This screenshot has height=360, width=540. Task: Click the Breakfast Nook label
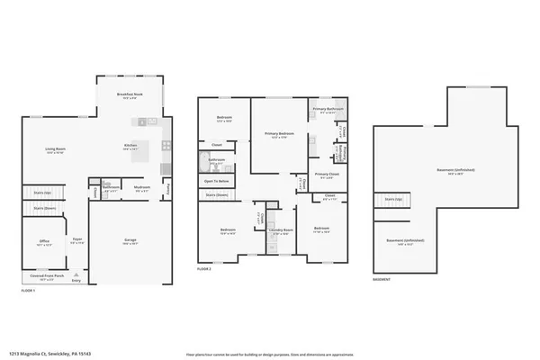coord(130,95)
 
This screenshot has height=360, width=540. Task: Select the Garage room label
coord(130,240)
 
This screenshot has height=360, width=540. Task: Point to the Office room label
coord(44,241)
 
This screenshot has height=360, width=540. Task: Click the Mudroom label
coord(141,188)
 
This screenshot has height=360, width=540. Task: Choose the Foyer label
coord(78,240)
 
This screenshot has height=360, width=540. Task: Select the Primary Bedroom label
coord(276,134)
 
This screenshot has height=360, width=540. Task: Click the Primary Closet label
coord(327,174)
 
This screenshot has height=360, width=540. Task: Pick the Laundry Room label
coord(281,231)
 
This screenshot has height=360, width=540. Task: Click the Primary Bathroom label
coord(325,110)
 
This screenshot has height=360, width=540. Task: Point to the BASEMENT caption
coord(382,279)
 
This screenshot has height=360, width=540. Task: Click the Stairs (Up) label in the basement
coord(392,199)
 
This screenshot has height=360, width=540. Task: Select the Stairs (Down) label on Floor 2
coord(216,194)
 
